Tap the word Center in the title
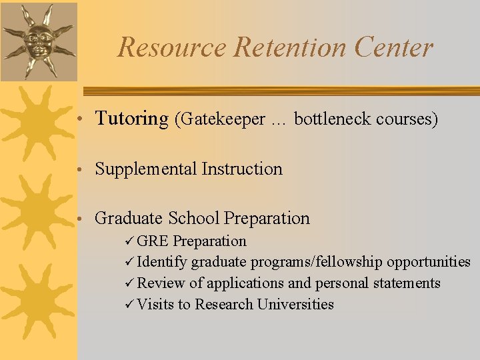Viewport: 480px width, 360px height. (x=394, y=47)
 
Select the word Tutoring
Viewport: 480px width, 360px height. (x=131, y=119)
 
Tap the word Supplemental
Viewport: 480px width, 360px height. (x=146, y=169)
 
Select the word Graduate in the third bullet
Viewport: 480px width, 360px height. (x=129, y=218)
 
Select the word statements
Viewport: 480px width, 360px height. (x=409, y=283)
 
